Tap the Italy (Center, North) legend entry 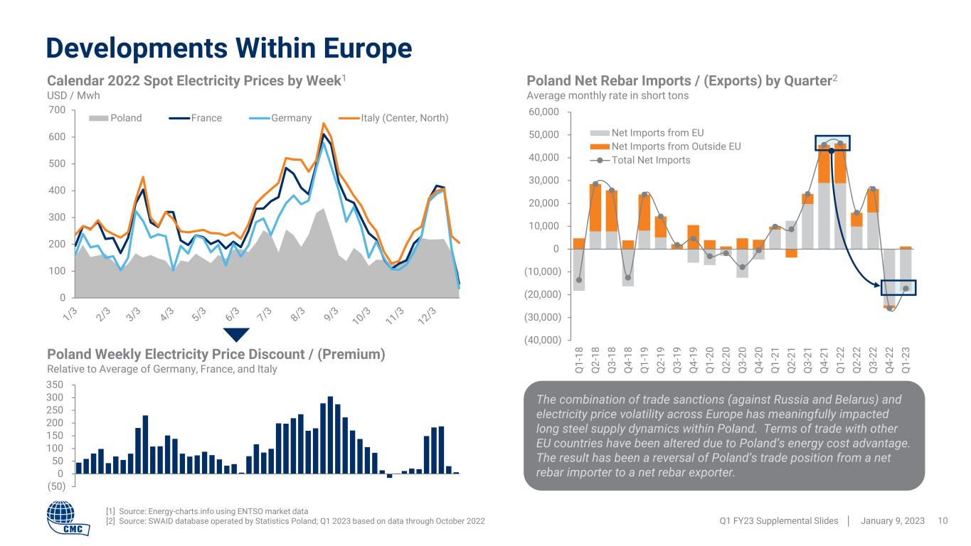point(405,118)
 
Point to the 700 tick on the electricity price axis point(58,110)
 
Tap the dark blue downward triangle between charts point(236,335)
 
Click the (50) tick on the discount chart point(55,487)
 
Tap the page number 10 point(943,521)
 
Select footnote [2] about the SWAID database point(295,522)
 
